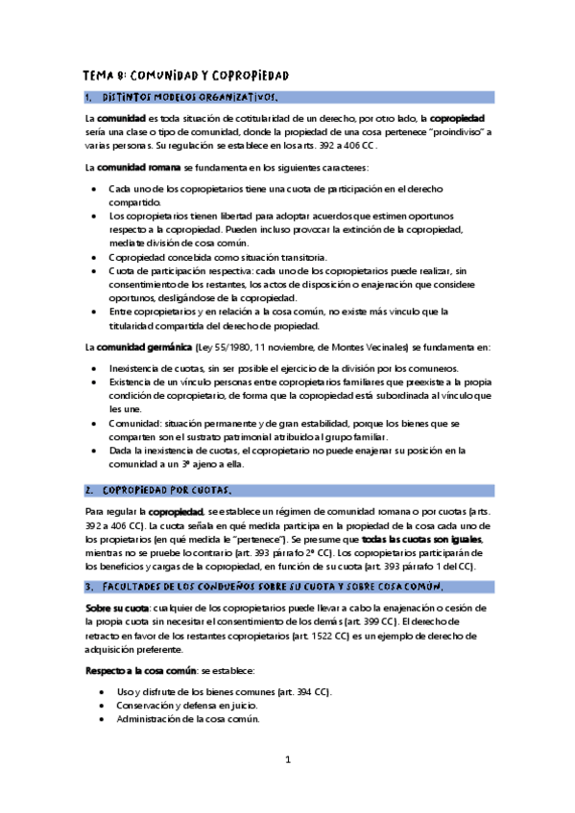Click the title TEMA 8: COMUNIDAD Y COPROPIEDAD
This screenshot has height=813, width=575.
pos(186,76)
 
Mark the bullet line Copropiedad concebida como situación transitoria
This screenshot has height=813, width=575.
pos(218,257)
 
